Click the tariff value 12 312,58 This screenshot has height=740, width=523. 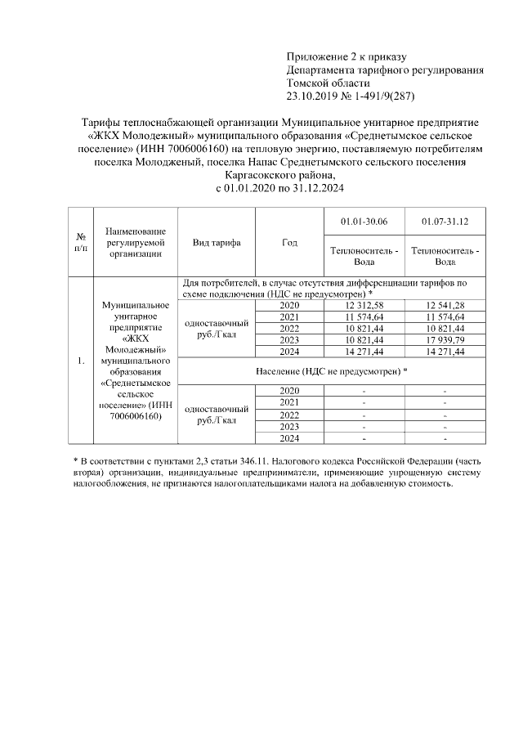point(364,305)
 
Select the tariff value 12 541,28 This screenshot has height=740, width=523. point(445,305)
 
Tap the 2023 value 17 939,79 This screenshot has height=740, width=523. point(445,339)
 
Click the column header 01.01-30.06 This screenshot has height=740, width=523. point(364,222)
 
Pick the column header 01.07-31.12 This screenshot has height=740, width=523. point(445,222)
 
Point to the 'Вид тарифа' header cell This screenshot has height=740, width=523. point(217,243)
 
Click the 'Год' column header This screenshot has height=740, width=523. point(289,243)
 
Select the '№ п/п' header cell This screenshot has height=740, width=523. point(81,243)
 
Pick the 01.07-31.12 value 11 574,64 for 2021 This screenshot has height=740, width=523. point(445,316)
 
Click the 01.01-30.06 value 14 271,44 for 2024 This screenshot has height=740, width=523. point(364,351)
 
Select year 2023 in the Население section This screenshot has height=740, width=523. point(289,426)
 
